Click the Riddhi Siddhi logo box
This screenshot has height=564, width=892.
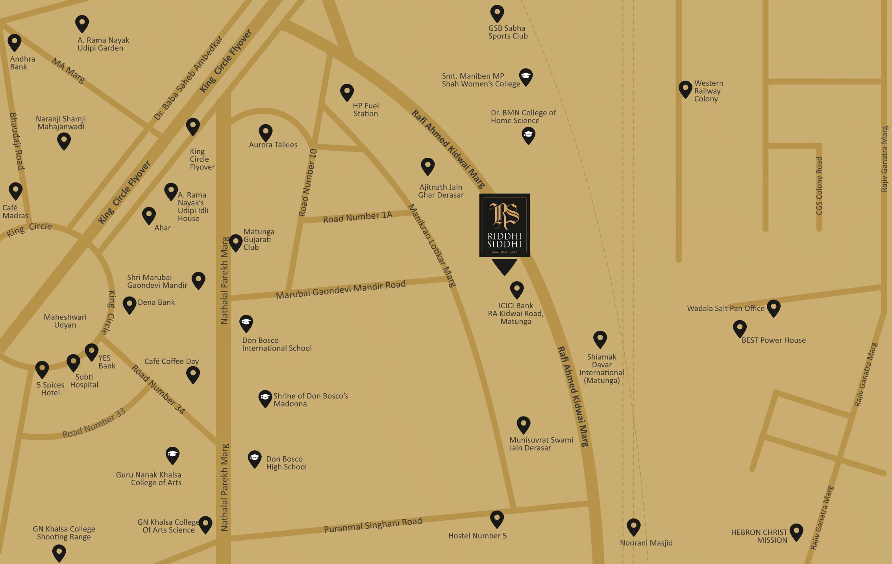tap(504, 225)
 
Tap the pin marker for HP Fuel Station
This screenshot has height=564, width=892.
tap(347, 92)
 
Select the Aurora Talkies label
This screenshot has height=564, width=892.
tap(273, 145)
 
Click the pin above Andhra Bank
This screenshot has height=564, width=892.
tap(15, 42)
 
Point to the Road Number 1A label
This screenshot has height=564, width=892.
tap(357, 217)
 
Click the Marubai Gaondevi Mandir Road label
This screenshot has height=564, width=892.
tap(341, 289)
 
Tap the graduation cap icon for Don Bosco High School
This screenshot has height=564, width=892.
tap(255, 458)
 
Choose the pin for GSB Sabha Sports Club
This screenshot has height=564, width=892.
tap(497, 13)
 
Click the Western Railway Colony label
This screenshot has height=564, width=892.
tap(708, 91)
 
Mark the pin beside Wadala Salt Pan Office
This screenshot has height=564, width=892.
tap(774, 308)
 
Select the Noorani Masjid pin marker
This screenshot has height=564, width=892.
tap(633, 526)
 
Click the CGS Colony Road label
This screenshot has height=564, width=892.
tap(819, 186)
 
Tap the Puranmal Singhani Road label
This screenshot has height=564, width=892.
tap(373, 525)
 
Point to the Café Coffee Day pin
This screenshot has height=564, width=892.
tap(193, 374)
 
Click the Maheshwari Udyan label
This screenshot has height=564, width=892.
tap(65, 321)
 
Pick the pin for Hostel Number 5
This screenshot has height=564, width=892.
tap(497, 518)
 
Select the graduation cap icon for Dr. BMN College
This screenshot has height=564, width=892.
tap(528, 135)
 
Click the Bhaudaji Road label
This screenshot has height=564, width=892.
tap(17, 141)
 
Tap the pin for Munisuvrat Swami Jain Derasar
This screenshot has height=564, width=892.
tap(524, 424)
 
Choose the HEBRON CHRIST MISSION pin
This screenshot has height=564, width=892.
tap(796, 532)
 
